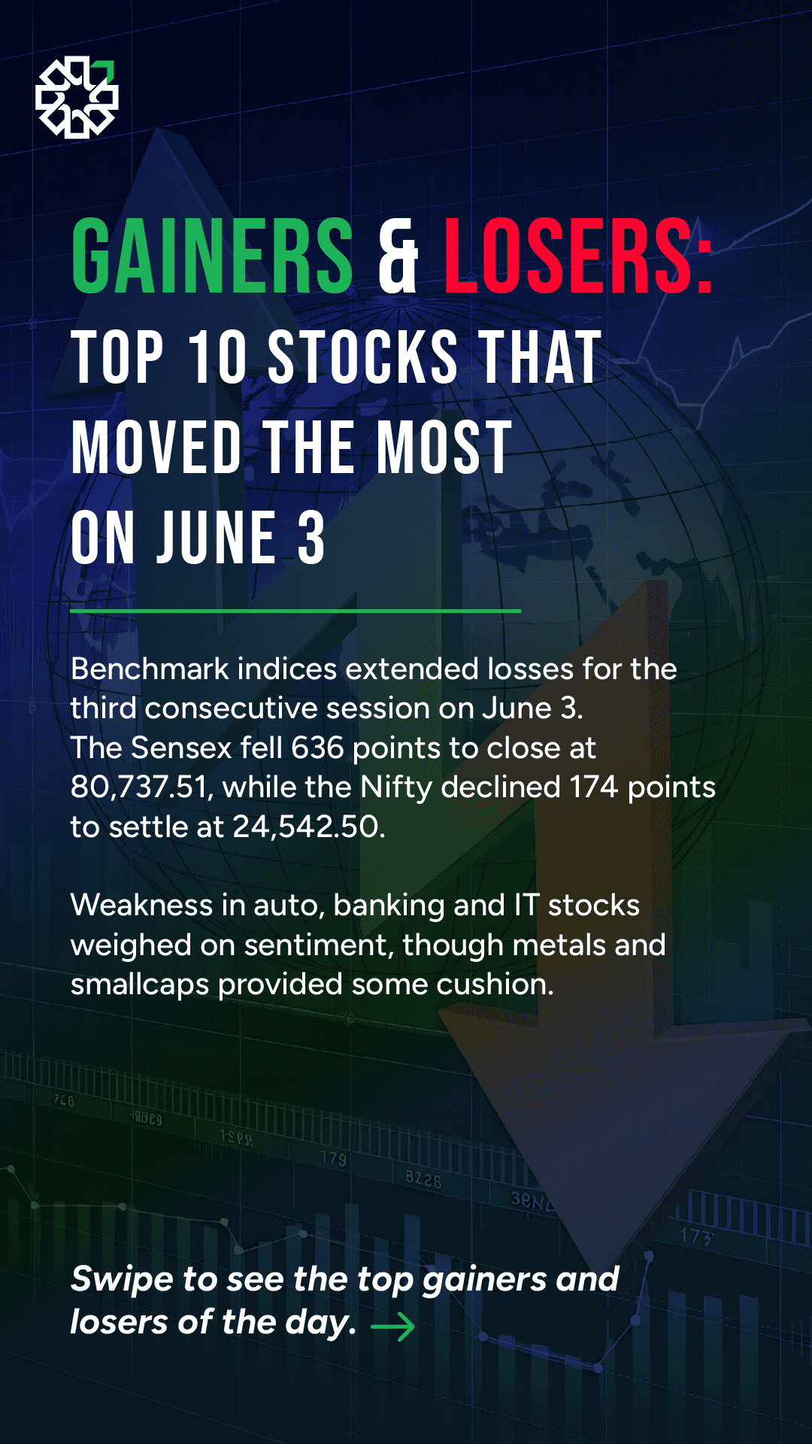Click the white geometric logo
[77, 98]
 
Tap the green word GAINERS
[212, 256]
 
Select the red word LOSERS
[568, 256]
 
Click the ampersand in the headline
[398, 256]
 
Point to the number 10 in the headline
[217, 357]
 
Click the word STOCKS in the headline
[362, 357]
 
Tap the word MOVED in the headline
[156, 447]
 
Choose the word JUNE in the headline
[217, 537]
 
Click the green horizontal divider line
[295, 611]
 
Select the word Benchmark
[150, 669]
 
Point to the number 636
[317, 748]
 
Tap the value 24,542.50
[308, 827]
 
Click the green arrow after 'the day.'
[393, 1327]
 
